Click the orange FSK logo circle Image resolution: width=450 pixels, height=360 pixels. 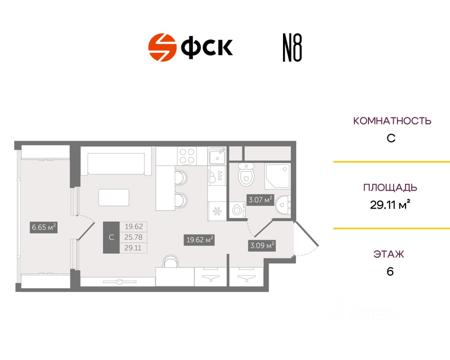coord(162,47)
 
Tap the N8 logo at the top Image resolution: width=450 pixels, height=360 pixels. coord(292,48)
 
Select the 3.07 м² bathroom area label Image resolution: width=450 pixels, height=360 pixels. coord(261,200)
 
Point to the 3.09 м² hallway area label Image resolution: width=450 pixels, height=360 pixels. coord(262,245)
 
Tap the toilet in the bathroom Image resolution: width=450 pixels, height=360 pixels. coord(246,175)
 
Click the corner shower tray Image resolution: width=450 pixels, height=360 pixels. coord(277,175)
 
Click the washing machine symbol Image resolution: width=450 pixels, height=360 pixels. coord(237,210)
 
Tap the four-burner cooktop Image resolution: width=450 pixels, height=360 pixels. coord(187,156)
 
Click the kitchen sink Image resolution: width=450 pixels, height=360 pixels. coord(217,156)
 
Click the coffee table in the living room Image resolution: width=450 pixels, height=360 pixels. coord(114,198)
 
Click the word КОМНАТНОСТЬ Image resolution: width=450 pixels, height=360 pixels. coord(392,121)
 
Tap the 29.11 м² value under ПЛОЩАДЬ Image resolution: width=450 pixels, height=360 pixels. coord(390,205)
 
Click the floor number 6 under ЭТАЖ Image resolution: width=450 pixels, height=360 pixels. coord(390,272)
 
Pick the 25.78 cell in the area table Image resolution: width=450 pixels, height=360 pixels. coord(133,237)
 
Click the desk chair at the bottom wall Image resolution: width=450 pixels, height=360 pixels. coord(171,262)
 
